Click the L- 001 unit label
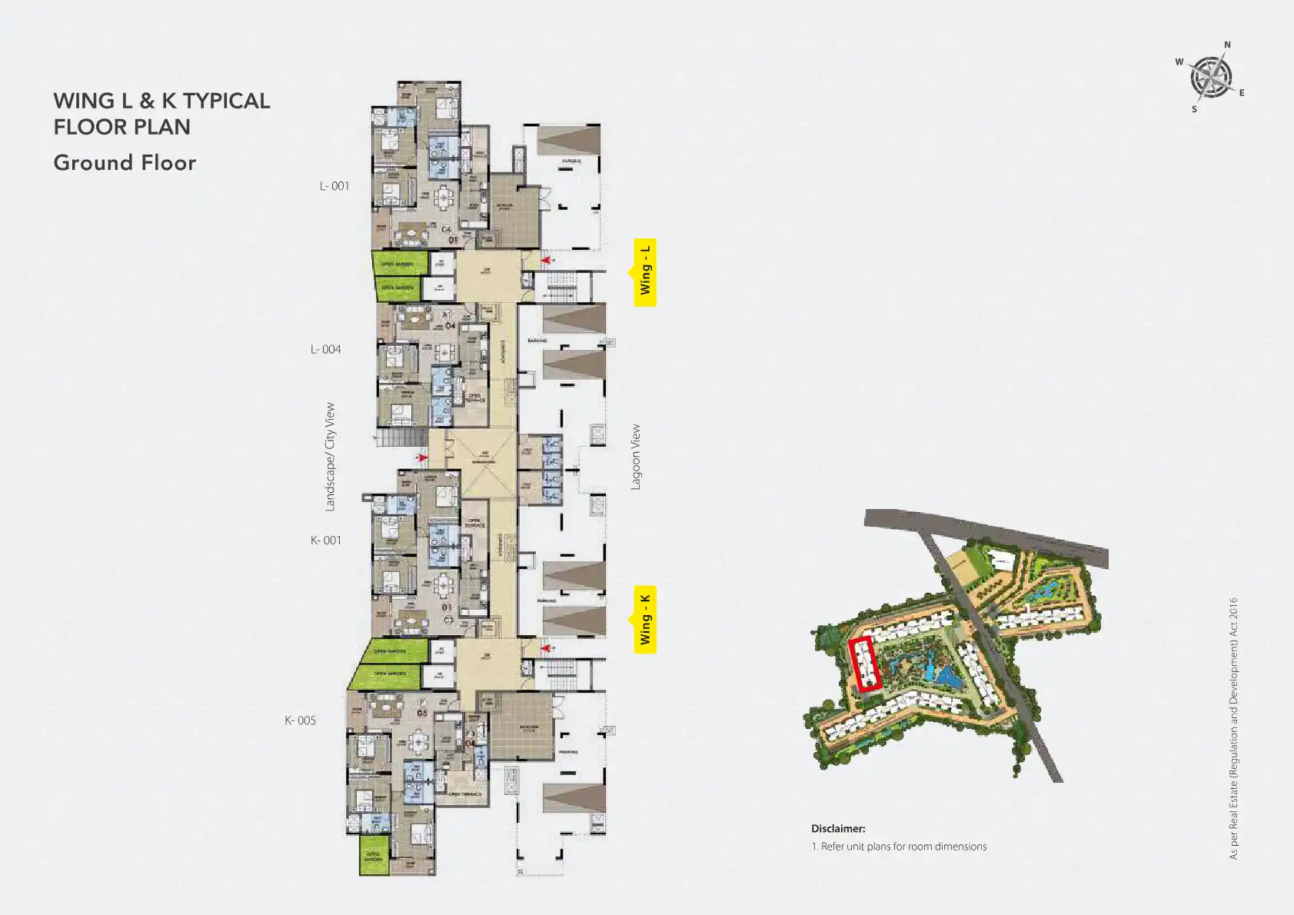334,186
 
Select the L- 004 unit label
325,350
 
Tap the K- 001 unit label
325,541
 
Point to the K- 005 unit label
300,720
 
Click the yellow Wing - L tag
645,271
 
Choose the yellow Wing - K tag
645,620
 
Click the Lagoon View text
635,457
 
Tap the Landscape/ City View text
330,457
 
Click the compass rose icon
1211,78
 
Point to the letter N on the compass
1227,45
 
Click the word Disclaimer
837,829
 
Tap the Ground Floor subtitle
125,163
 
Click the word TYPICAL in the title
226,101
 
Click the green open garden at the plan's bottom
373,855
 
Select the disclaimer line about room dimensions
899,847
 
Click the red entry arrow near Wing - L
546,261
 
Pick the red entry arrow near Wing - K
546,648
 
